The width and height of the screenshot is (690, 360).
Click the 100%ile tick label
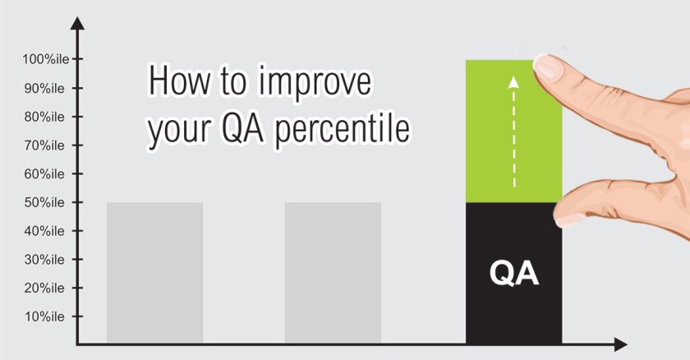pos(46,59)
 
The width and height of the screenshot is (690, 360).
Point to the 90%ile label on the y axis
pos(44,89)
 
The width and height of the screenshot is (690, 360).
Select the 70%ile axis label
pos(44,145)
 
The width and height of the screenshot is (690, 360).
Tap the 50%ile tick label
pos(44,202)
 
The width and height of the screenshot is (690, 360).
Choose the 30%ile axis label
pos(44,260)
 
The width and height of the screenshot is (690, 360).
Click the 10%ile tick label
pos(44,316)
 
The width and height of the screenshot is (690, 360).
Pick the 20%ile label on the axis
pos(44,288)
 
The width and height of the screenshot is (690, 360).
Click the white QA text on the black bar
pos(514,274)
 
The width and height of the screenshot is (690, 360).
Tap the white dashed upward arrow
pos(513,132)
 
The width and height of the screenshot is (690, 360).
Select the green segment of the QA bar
pos(514,132)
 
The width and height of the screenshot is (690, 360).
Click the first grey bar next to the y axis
pos(155,273)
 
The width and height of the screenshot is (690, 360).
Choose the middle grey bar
pos(333,273)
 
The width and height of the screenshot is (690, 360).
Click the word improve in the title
pos(315,83)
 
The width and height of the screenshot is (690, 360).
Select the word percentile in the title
pos(342,129)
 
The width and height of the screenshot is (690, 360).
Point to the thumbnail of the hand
pos(569,219)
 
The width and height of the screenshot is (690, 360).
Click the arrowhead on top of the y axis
pos(77,23)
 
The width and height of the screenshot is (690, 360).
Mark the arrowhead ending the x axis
pos(620,344)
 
